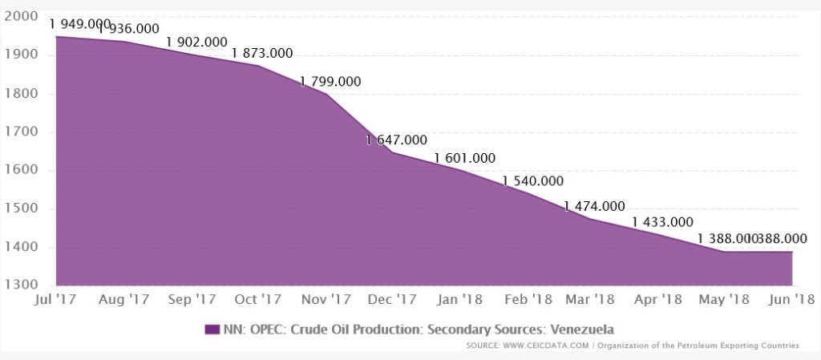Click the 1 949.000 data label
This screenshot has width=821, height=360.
pyautogui.click(x=79, y=24)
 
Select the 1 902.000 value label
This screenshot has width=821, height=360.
pyautogui.click(x=196, y=42)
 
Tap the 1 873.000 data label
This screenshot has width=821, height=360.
pyautogui.click(x=262, y=54)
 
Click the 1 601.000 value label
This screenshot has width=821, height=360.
pyautogui.click(x=464, y=158)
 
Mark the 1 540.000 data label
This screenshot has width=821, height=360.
pyautogui.click(x=532, y=181)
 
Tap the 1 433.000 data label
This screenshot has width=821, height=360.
pyautogui.click(x=662, y=222)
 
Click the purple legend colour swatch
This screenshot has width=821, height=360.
pyautogui.click(x=212, y=329)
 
